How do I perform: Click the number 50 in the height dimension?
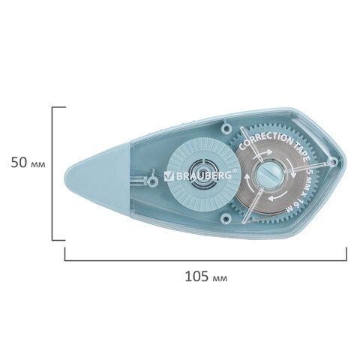click(x=19, y=163)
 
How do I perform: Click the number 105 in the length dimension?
click(x=196, y=276)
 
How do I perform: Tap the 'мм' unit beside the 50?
click(x=37, y=165)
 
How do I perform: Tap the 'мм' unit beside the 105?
click(x=220, y=278)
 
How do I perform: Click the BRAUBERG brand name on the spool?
click(x=204, y=175)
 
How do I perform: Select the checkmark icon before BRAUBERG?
click(x=169, y=175)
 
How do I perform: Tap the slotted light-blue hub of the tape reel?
click(x=268, y=173)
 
